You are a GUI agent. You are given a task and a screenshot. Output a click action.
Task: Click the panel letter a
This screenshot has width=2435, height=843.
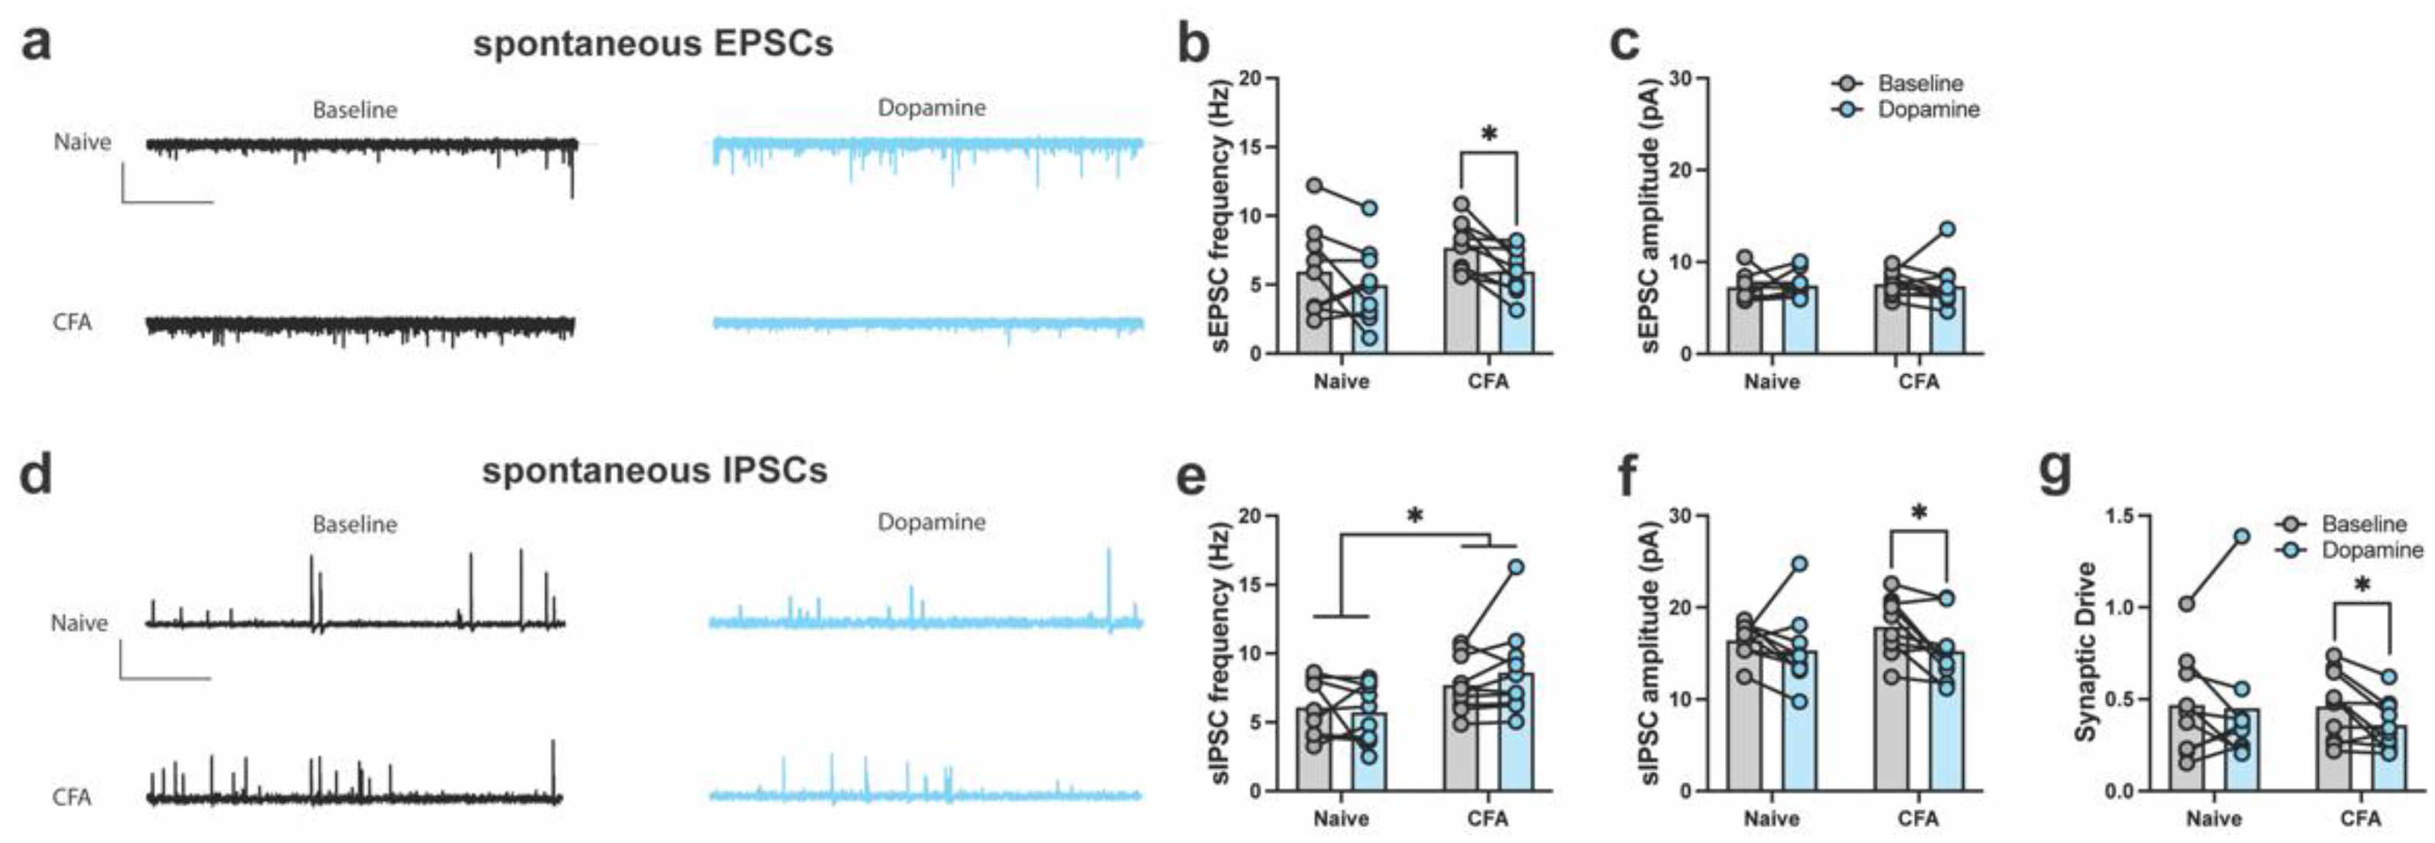point(36,45)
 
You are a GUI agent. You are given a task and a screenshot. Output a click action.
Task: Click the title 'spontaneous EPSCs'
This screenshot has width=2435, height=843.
point(653,44)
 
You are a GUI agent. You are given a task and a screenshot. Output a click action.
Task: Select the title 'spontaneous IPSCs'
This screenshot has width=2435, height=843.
point(654,470)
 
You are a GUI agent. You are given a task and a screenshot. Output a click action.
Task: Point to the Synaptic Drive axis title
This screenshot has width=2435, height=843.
point(2085,652)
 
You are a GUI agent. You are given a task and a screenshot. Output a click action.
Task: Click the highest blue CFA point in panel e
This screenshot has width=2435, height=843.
point(1515,568)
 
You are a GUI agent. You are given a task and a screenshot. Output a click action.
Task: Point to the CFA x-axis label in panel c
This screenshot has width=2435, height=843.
point(1919,382)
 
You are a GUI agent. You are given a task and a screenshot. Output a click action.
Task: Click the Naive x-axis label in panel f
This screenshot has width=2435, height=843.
point(1772,819)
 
